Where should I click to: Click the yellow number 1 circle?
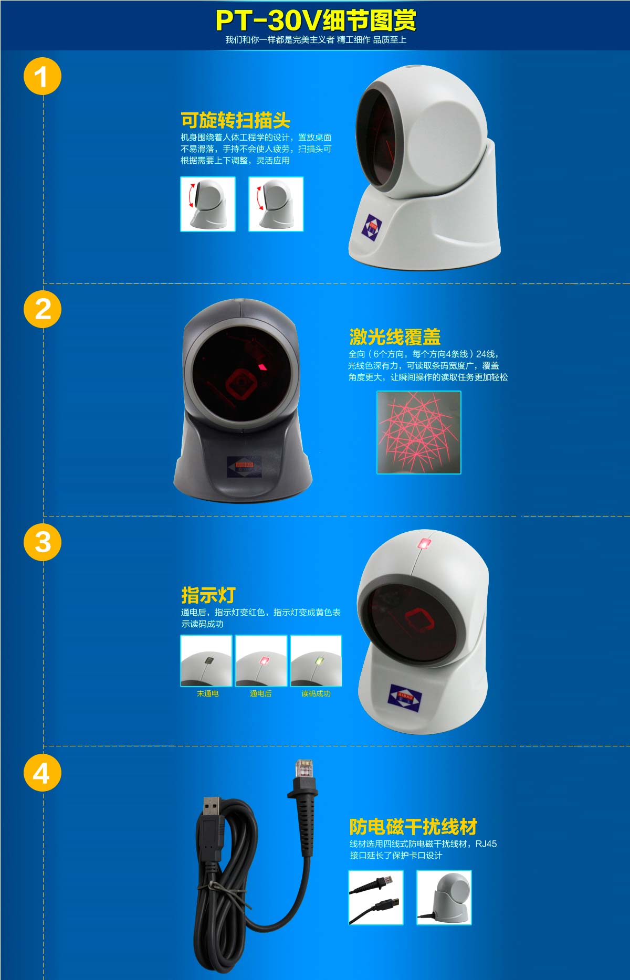[x=43, y=77]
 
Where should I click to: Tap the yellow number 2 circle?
[x=43, y=309]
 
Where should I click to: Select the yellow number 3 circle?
[x=43, y=542]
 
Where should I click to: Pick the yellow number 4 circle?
[x=43, y=773]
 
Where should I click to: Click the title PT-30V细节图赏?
[x=316, y=20]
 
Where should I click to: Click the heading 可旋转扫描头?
[x=235, y=120]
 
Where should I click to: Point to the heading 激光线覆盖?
[x=395, y=336]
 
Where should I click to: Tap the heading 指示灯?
[x=208, y=595]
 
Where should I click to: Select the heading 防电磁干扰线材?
[x=413, y=827]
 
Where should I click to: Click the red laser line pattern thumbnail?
[x=419, y=433]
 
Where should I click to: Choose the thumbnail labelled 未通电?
[x=206, y=661]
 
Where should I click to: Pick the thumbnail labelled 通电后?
[x=261, y=661]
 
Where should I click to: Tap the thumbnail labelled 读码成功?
[x=316, y=661]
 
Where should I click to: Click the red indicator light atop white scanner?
[x=424, y=543]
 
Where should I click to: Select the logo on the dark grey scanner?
[x=244, y=466]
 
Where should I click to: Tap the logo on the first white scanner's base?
[x=372, y=227]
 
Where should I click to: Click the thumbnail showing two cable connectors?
[x=376, y=897]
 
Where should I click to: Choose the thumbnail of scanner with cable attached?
[x=444, y=897]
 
